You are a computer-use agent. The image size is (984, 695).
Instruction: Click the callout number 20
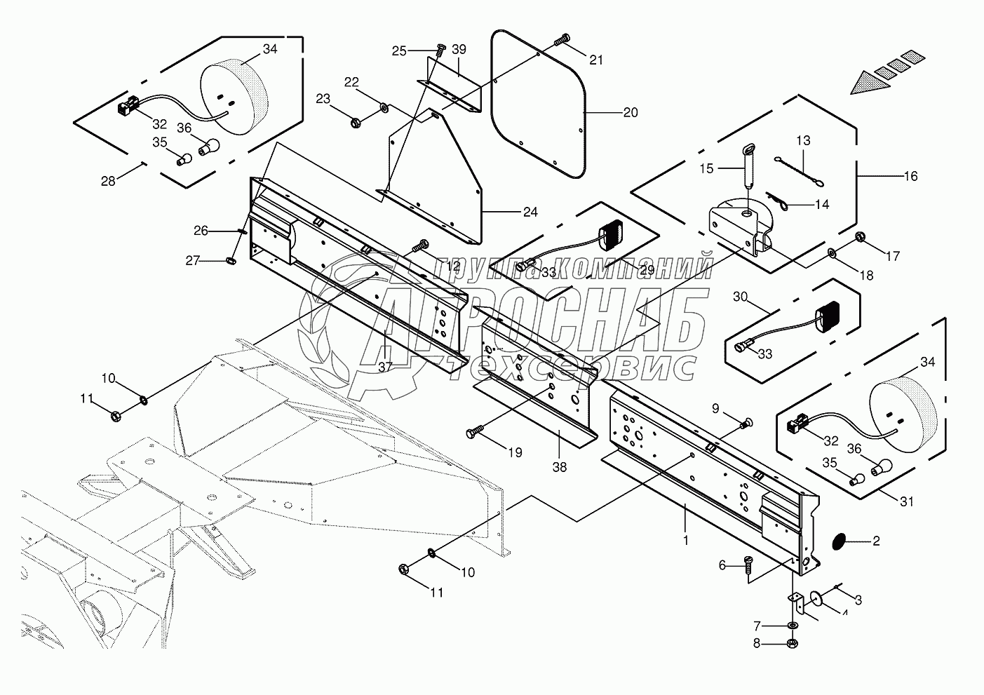point(630,112)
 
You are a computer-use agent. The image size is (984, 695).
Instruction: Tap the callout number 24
point(530,212)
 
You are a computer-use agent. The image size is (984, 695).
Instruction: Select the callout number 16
point(910,176)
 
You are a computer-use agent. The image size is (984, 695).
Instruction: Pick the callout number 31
point(907,501)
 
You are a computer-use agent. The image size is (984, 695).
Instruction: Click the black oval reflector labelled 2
point(837,541)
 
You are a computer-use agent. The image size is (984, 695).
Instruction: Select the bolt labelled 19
point(476,434)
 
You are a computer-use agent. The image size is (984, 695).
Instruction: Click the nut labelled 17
point(861,243)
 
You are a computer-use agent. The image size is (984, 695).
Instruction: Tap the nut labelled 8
point(792,642)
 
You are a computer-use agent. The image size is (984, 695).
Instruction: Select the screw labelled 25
point(440,50)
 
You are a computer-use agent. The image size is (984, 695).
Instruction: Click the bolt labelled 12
point(422,246)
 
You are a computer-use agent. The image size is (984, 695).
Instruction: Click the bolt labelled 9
point(747,422)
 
